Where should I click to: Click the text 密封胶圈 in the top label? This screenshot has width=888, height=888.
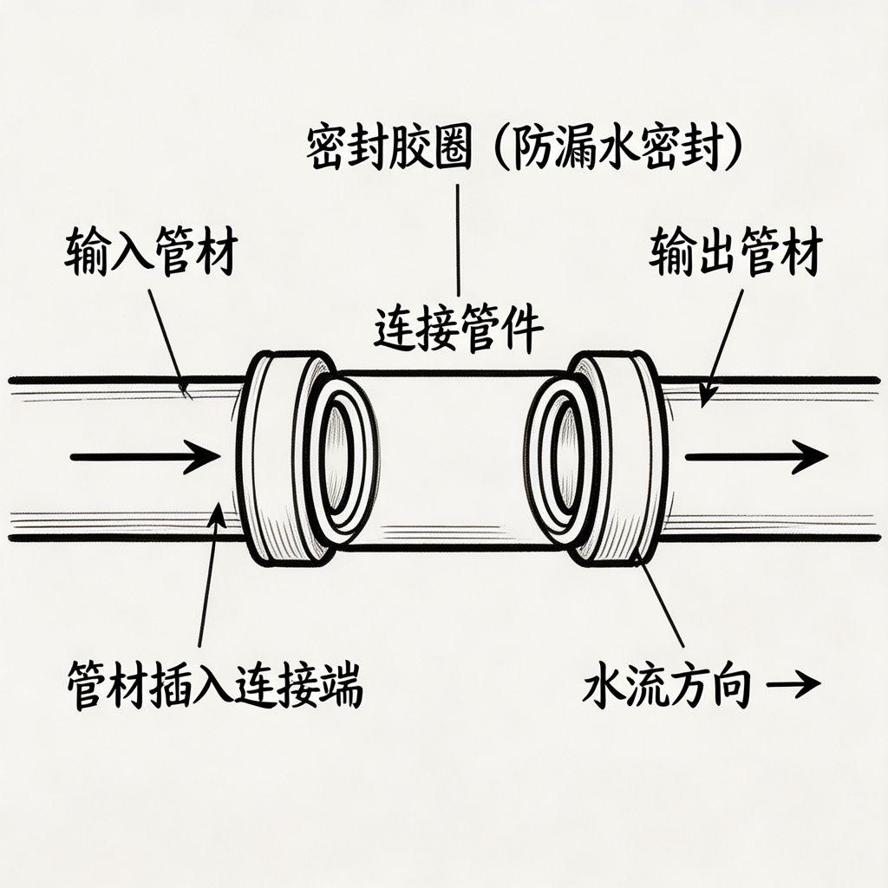coord(389,149)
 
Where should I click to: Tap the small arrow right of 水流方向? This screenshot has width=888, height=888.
coord(796,685)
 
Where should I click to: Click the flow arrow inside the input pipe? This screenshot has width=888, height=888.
coord(143,456)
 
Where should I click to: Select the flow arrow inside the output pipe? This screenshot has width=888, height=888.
coord(754,456)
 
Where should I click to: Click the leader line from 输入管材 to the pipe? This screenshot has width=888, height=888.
coord(167,338)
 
